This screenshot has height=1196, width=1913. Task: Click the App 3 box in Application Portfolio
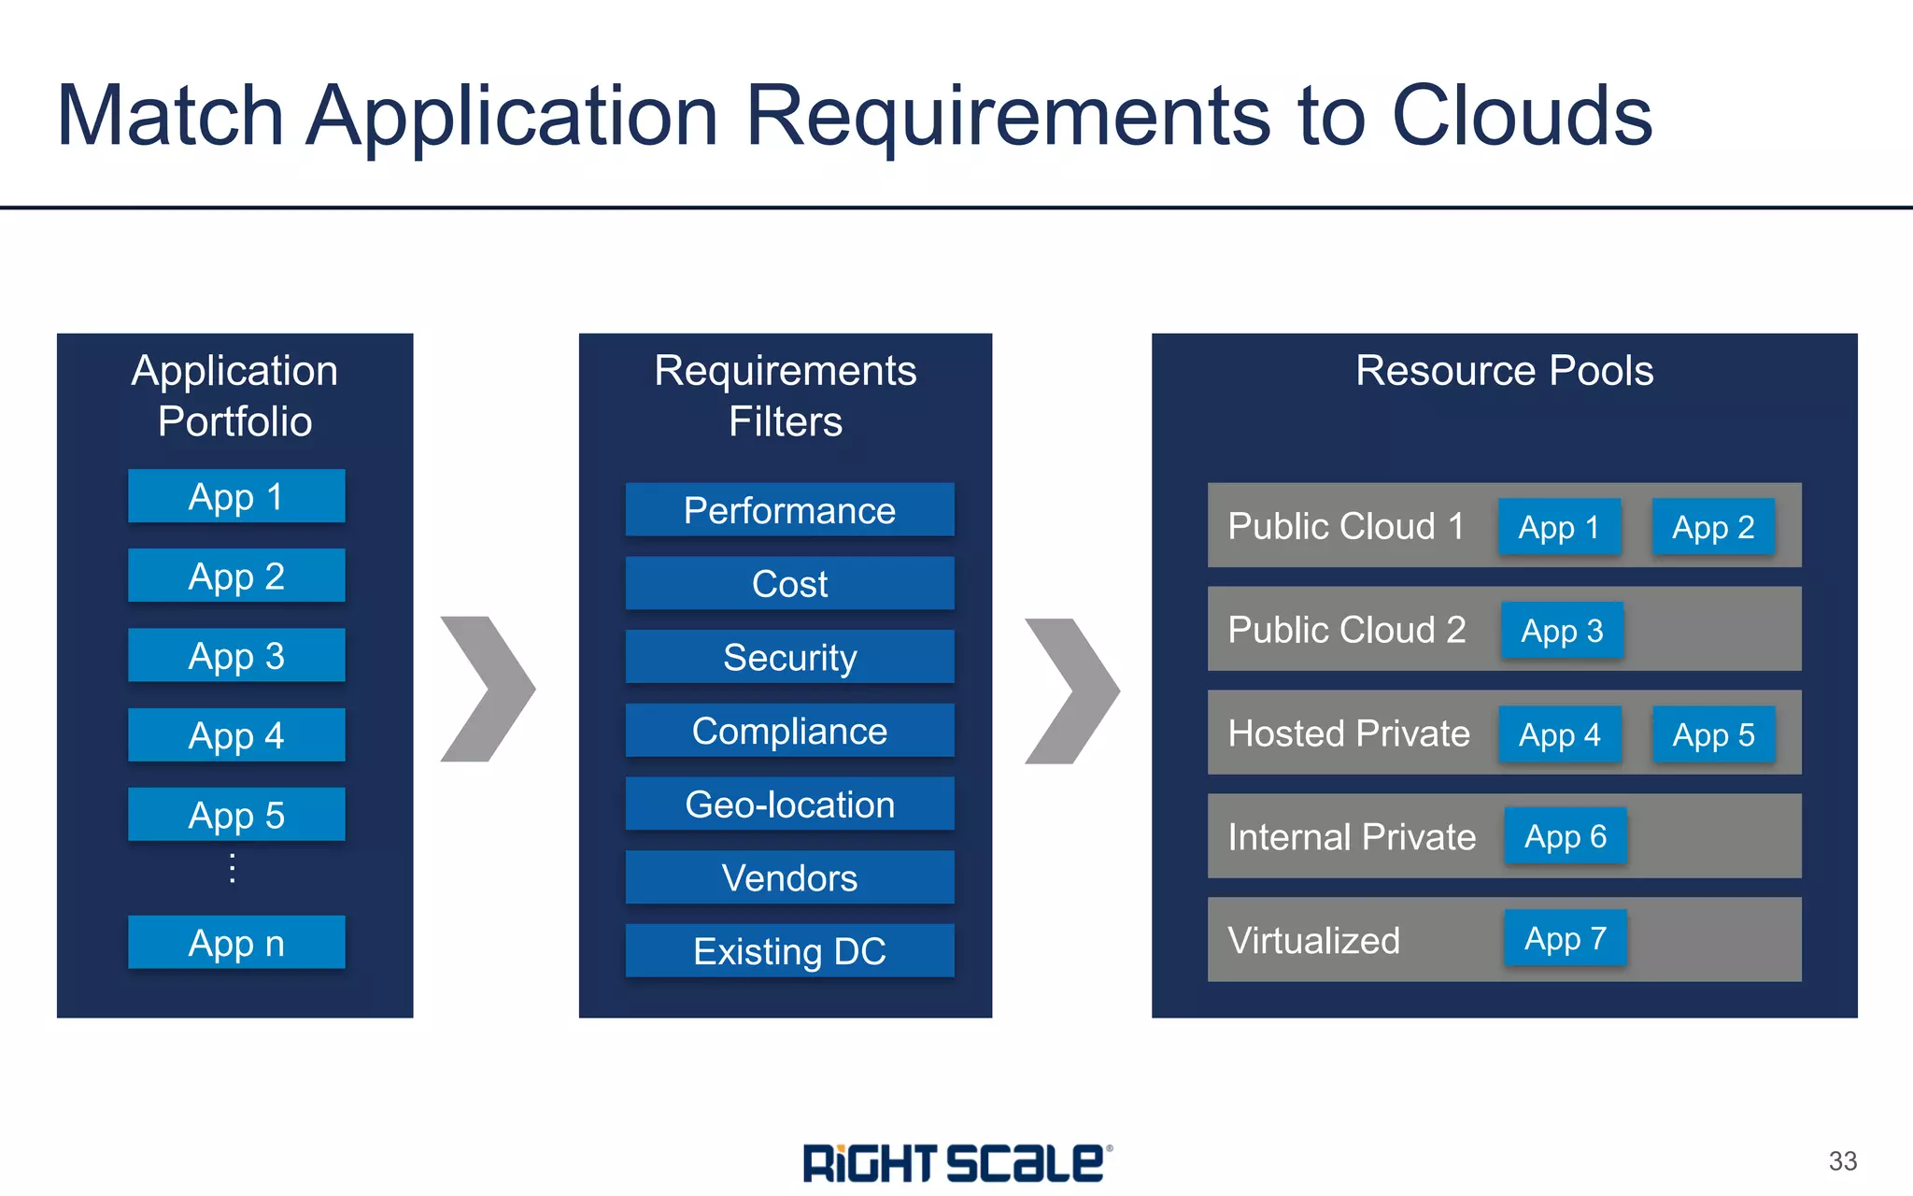pyautogui.click(x=236, y=655)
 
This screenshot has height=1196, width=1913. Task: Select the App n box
pyautogui.click(x=236, y=942)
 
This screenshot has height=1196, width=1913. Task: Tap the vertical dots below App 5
pyautogui.click(x=233, y=869)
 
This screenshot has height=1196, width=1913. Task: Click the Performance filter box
pyautogui.click(x=789, y=510)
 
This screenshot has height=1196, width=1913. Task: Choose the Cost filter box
pyautogui.click(x=789, y=583)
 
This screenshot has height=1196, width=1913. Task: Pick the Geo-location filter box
pyautogui.click(x=789, y=804)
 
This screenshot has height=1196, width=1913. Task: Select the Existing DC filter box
pyautogui.click(x=789, y=950)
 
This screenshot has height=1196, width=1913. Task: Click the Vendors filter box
pyautogui.click(x=789, y=877)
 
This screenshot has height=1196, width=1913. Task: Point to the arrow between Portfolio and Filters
pyautogui.click(x=489, y=689)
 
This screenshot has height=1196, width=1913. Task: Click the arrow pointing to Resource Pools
pyautogui.click(x=1072, y=691)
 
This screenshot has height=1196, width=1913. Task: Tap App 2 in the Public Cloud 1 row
pyautogui.click(x=1713, y=527)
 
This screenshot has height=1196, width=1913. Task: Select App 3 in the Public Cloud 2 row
pyautogui.click(x=1562, y=631)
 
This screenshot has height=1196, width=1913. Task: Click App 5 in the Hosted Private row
pyautogui.click(x=1713, y=734)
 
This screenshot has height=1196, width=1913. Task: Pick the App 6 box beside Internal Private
pyautogui.click(x=1566, y=836)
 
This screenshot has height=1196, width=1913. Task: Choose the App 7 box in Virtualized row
pyautogui.click(x=1566, y=938)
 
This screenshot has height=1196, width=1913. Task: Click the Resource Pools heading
pyautogui.click(x=1504, y=371)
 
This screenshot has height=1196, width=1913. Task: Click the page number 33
pyautogui.click(x=1842, y=1161)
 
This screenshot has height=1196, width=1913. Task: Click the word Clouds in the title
pyautogui.click(x=1523, y=116)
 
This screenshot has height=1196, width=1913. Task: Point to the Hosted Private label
pyautogui.click(x=1349, y=733)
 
